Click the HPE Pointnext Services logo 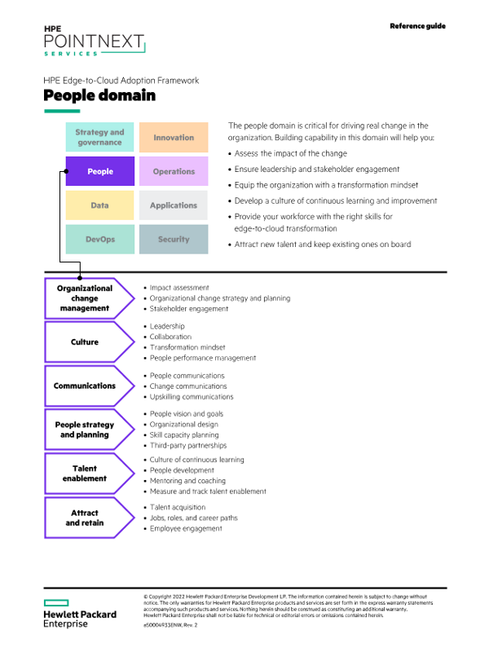pyautogui.click(x=93, y=40)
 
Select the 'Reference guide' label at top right pyautogui.click(x=417, y=26)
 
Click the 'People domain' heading pyautogui.click(x=99, y=96)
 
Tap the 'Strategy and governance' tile pyautogui.click(x=99, y=137)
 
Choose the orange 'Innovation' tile pyautogui.click(x=174, y=137)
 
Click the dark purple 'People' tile pyautogui.click(x=99, y=171)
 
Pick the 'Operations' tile pyautogui.click(x=174, y=171)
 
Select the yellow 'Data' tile pyautogui.click(x=99, y=205)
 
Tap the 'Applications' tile pyautogui.click(x=174, y=205)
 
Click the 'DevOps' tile pyautogui.click(x=99, y=240)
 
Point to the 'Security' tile pyautogui.click(x=174, y=240)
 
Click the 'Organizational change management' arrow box pyautogui.click(x=86, y=298)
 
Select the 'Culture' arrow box pyautogui.click(x=86, y=342)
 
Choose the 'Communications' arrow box pyautogui.click(x=86, y=385)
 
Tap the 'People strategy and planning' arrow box pyautogui.click(x=86, y=430)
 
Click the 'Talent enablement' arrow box pyautogui.click(x=86, y=474)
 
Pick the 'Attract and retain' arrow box pyautogui.click(x=86, y=518)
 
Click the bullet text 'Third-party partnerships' pyautogui.click(x=188, y=446)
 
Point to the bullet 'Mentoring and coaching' pyautogui.click(x=187, y=481)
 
